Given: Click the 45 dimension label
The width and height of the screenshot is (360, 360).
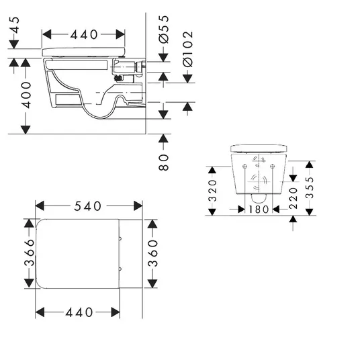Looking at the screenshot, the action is (x=15, y=25).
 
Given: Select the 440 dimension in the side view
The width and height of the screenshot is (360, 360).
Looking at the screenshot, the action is (x=84, y=35).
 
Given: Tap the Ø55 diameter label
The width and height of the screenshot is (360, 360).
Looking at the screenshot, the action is (x=164, y=29).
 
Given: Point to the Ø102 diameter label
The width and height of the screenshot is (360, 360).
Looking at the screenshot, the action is (x=188, y=49).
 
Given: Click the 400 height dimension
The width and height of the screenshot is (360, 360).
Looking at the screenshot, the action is (x=26, y=95).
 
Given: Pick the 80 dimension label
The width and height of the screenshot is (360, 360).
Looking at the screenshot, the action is (x=163, y=163).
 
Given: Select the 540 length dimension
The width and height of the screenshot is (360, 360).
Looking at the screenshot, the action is (x=88, y=206).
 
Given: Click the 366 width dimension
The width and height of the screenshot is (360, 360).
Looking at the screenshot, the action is (x=29, y=253).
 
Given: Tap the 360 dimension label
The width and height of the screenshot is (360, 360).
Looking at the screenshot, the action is (x=152, y=253).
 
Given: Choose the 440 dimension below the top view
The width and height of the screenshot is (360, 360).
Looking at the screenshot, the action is (x=79, y=312).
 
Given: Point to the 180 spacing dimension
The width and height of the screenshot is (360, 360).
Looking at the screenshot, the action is (x=259, y=210).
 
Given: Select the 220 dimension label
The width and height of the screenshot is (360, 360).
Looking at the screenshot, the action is (x=294, y=198).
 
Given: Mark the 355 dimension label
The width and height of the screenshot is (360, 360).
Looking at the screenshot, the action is (x=310, y=187).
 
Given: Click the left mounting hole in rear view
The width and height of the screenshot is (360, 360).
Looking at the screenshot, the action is (x=244, y=166).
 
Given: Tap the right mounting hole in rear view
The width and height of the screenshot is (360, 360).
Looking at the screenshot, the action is (x=272, y=166).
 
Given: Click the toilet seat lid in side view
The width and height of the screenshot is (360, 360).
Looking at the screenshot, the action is (x=84, y=52).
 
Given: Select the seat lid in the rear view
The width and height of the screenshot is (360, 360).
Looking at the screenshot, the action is (x=259, y=148).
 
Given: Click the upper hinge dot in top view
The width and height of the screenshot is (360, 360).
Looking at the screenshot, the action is (x=120, y=239).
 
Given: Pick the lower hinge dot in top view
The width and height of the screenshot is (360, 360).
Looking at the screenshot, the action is (x=120, y=269).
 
